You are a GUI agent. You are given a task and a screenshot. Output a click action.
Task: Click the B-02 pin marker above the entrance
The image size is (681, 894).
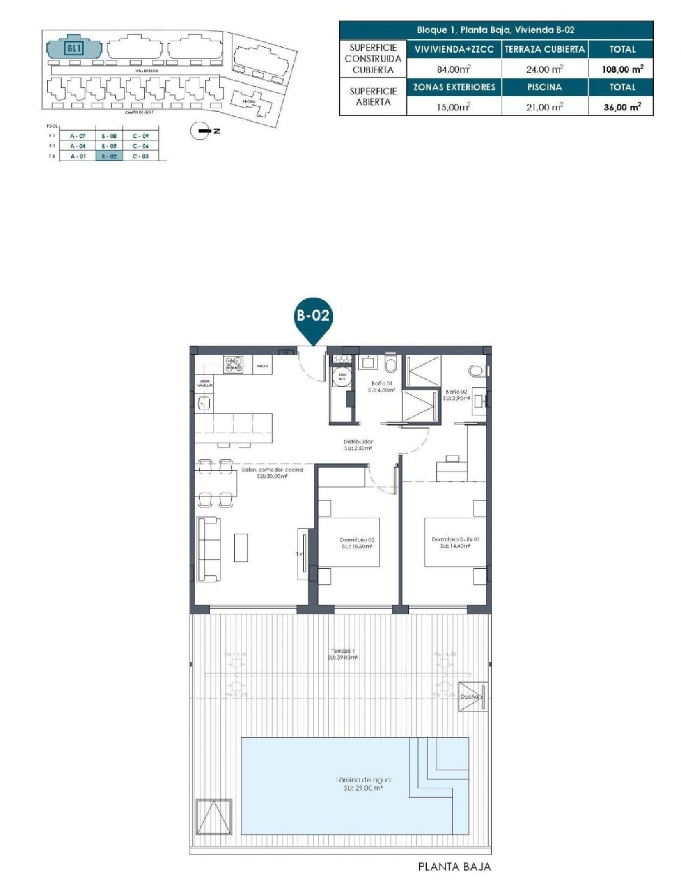pyautogui.click(x=313, y=316)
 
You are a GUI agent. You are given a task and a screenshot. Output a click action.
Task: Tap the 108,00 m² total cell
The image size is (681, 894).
pyautogui.click(x=622, y=69)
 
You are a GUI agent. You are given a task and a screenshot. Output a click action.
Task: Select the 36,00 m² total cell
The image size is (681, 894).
pyautogui.click(x=622, y=107)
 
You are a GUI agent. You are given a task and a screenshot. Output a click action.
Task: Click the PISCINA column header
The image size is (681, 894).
pyautogui.click(x=544, y=87)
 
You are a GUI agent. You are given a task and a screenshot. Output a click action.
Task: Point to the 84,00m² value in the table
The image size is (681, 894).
pyautogui.click(x=454, y=69)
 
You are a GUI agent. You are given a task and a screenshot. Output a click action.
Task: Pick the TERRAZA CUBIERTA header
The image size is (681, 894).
pyautogui.click(x=544, y=50)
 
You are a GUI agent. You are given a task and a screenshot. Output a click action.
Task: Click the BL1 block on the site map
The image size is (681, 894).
pyautogui.click(x=74, y=47)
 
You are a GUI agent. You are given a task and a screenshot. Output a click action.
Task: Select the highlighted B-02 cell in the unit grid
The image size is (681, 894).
pyautogui.click(x=109, y=156)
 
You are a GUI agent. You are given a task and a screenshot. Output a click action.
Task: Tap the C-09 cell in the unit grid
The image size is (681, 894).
pyautogui.click(x=141, y=136)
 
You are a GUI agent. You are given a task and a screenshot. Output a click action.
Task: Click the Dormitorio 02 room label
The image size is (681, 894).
pyautogui.click(x=357, y=543)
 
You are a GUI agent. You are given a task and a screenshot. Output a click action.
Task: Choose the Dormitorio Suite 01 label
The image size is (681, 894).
pyautogui.click(x=455, y=542)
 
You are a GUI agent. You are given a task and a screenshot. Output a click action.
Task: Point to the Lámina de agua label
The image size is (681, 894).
pyautogui.click(x=363, y=784)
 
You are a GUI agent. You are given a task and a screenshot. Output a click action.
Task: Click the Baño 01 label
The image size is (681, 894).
pyautogui.click(x=381, y=387)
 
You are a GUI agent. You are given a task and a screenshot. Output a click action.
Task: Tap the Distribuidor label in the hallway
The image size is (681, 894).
pyautogui.click(x=358, y=444)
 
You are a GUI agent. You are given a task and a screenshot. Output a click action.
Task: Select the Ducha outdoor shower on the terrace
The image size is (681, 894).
pyautogui.click(x=472, y=696)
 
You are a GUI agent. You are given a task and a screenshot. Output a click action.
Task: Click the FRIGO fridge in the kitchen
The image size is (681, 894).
pyautogui.click(x=262, y=366)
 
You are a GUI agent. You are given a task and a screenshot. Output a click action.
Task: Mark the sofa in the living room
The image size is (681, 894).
pyautogui.click(x=209, y=549)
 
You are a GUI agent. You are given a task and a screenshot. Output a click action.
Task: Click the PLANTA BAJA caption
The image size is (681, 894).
pyautogui.click(x=454, y=866)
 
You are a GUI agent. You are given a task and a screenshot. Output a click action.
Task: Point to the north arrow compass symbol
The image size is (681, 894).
pyautogui.click(x=200, y=131)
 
